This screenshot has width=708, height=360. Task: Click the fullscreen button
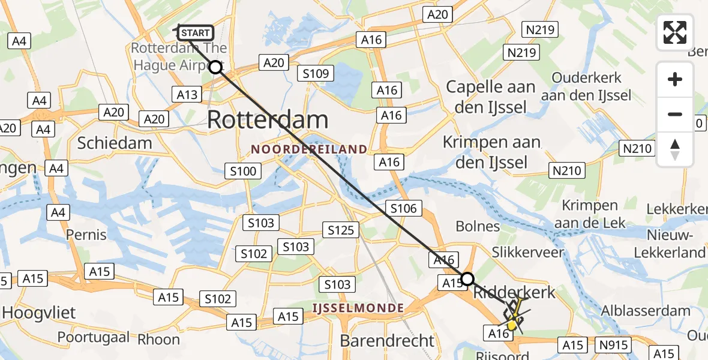pyautogui.click(x=675, y=32)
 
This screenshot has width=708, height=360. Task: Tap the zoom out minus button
pyautogui.click(x=675, y=114)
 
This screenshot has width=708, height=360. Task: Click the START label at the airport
pyautogui.click(x=195, y=33)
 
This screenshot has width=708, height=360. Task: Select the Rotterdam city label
pyautogui.click(x=268, y=120)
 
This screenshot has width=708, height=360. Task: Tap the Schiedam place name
pyautogui.click(x=115, y=143)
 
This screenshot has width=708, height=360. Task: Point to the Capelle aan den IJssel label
pyautogui.click(x=491, y=97)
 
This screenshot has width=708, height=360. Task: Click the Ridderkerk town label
pyautogui.click(x=515, y=293)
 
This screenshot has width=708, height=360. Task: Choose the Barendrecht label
pyautogui.click(x=386, y=341)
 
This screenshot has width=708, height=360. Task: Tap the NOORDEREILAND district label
pyautogui.click(x=309, y=149)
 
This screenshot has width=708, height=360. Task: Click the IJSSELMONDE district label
pyautogui.click(x=358, y=308)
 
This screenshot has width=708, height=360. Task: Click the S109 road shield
pyautogui.click(x=316, y=74)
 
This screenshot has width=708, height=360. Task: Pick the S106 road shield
pyautogui.click(x=403, y=208)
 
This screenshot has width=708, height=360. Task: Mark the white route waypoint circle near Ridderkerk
pyautogui.click(x=467, y=278)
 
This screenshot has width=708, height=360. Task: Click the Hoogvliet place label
pyautogui.click(x=39, y=313)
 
